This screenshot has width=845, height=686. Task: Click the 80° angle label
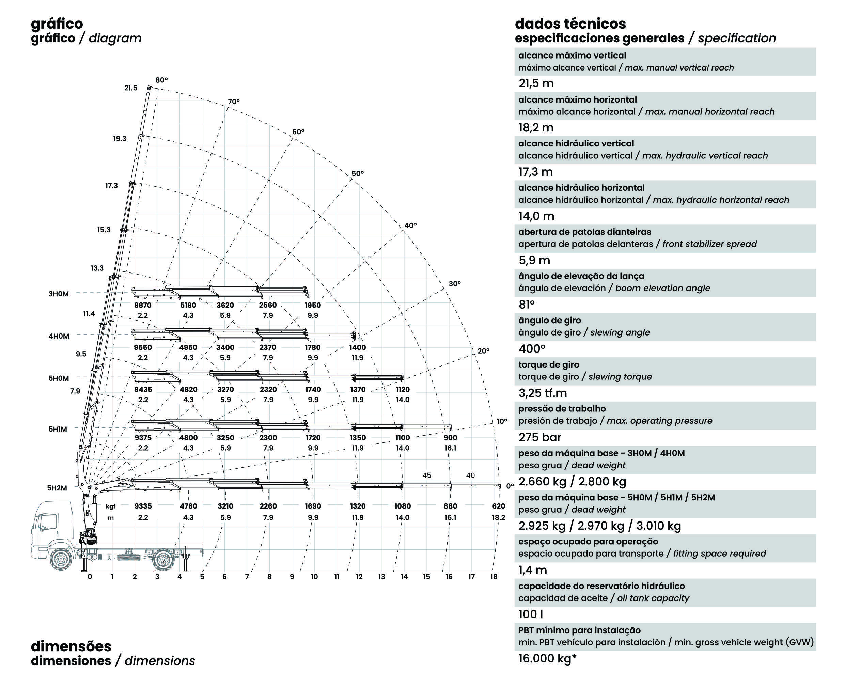tap(161, 80)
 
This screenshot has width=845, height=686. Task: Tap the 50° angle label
tap(358, 173)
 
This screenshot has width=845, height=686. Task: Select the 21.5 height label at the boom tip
tap(131, 88)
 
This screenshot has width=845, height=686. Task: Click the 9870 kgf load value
tap(143, 305)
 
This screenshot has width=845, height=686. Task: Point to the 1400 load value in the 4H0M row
tap(358, 347)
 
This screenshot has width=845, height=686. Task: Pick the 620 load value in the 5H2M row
tap(499, 506)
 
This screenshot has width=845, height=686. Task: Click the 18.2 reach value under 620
tap(499, 517)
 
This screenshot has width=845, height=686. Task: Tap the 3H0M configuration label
tap(59, 294)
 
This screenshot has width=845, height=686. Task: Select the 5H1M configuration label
tap(58, 429)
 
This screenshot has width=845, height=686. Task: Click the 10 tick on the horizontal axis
tap(314, 577)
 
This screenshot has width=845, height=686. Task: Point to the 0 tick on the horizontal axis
tap(90, 577)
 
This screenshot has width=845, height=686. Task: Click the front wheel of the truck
tap(61, 559)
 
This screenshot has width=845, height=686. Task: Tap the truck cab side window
tap(47, 521)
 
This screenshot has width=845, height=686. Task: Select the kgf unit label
tap(111, 506)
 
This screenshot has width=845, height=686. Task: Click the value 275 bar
tap(539, 437)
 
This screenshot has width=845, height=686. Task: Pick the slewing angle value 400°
tap(532, 348)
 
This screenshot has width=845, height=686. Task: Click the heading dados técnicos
tap(570, 24)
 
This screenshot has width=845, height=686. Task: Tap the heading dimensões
tap(71, 646)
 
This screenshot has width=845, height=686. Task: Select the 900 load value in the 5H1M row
tap(450, 437)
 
